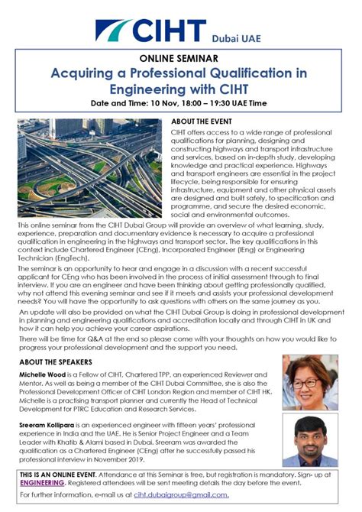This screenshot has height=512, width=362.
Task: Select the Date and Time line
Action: point(180,102)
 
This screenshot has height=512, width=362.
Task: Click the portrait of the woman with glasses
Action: point(310,382)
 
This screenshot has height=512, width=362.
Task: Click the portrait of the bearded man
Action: point(310,441)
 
